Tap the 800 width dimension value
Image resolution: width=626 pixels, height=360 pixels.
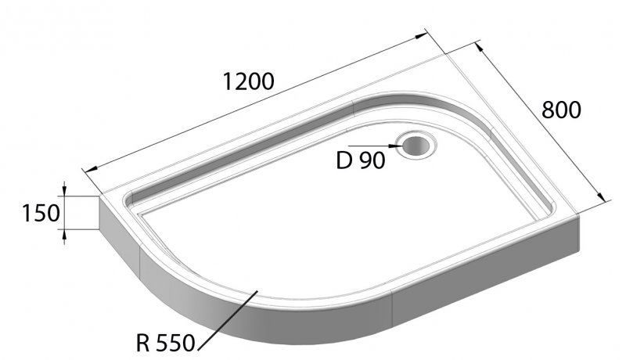click(561, 110)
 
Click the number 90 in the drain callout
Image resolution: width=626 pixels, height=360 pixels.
click(372, 160)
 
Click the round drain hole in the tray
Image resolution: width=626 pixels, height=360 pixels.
click(413, 145)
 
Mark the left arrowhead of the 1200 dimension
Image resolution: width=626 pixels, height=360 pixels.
click(88, 169)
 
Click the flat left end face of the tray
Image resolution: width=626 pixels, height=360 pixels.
click(110, 213)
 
